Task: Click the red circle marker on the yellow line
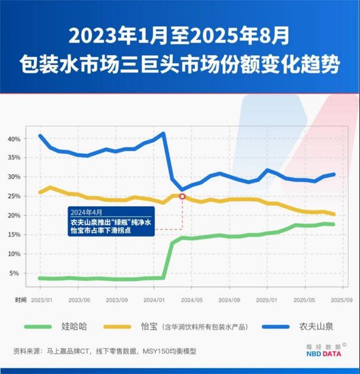click(182, 196)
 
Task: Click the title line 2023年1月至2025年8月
click(179, 32)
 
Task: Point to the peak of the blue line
click(163, 133)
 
